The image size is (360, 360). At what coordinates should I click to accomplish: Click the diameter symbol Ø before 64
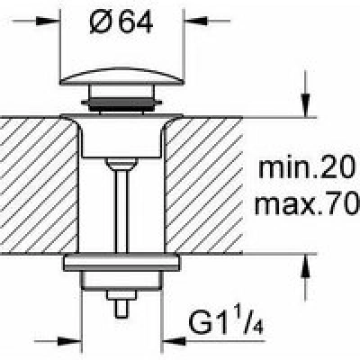point(101,23)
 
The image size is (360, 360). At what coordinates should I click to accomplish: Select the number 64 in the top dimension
point(136,23)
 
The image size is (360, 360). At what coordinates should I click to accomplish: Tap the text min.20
point(306,168)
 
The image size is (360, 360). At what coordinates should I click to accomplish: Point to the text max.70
point(307,204)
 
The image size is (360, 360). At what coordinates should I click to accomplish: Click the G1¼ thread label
point(226,322)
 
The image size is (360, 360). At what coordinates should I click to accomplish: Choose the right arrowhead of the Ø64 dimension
point(196,21)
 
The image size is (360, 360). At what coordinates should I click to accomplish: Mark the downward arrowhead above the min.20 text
point(306,105)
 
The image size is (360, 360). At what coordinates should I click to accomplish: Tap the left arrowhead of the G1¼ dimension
point(69,341)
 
